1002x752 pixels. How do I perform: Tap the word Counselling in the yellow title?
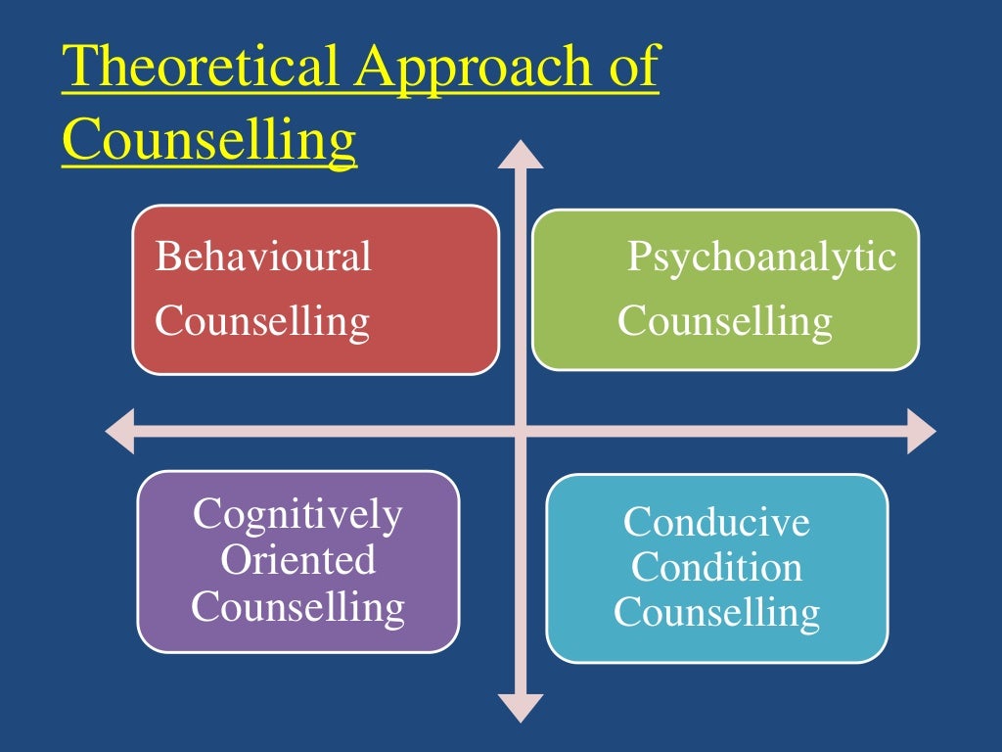point(208,139)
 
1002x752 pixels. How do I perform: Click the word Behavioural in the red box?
point(263,258)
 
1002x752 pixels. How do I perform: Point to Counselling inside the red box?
point(262,321)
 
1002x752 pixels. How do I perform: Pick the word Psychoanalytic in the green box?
point(761,258)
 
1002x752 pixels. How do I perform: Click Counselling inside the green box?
point(725,321)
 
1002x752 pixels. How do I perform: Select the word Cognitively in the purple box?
point(297,515)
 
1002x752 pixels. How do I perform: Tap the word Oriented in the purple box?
point(297,561)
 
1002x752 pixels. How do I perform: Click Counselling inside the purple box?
point(297,607)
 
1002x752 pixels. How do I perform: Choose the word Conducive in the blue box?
point(717,522)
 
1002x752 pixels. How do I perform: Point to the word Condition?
point(717,568)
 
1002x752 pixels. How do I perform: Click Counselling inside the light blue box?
point(717,614)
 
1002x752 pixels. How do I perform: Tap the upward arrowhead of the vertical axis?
point(521,154)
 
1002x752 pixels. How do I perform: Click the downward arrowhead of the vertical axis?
point(521,707)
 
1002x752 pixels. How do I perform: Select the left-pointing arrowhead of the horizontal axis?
point(119,432)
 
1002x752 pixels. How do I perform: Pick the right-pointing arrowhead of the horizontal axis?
point(921,432)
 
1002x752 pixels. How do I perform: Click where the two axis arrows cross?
point(521,432)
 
